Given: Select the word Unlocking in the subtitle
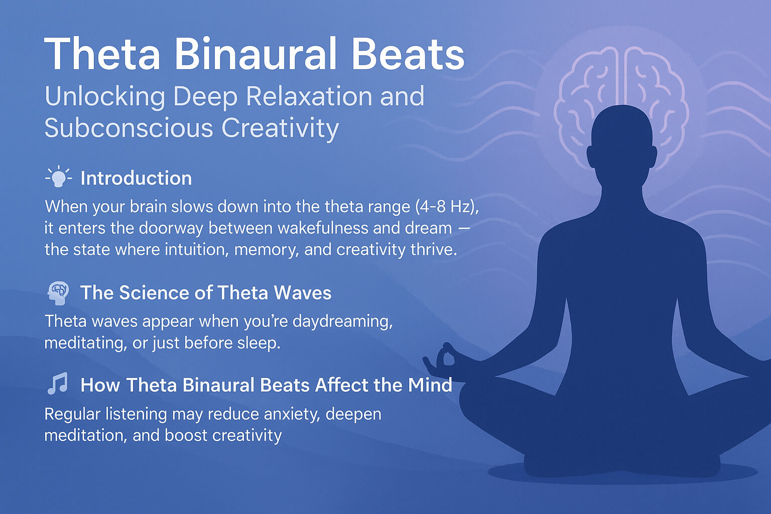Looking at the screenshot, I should (104, 96).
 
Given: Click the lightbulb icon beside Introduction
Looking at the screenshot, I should (59, 177).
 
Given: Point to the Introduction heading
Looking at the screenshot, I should (136, 178).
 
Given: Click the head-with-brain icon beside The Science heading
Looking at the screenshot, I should (58, 293).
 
